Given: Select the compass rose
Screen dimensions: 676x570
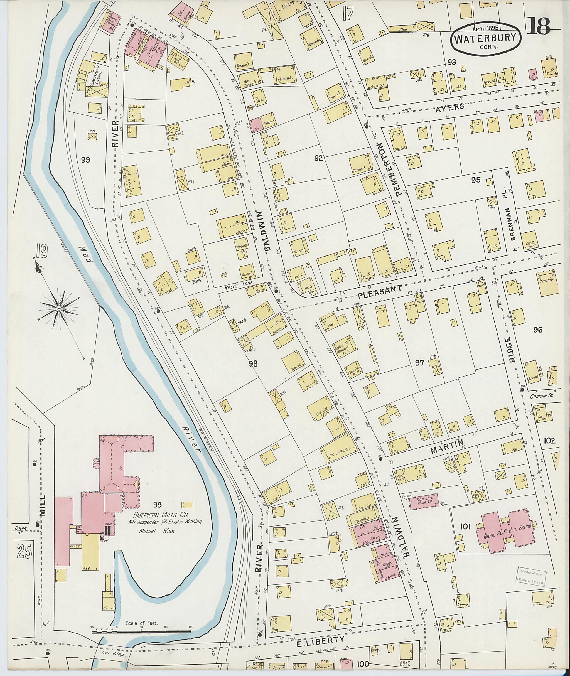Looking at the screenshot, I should (x=59, y=309).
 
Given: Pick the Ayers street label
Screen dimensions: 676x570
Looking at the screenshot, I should (x=450, y=107).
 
